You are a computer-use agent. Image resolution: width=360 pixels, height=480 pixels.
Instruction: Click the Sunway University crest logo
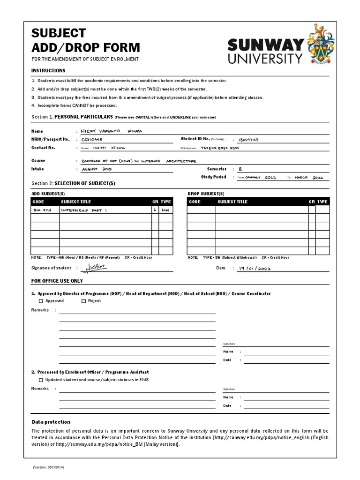click(x=320, y=45)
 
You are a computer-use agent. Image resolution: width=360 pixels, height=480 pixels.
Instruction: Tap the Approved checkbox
click(x=41, y=301)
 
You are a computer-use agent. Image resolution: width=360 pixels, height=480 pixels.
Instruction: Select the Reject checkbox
click(x=84, y=301)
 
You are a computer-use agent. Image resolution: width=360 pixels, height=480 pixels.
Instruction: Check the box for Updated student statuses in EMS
click(x=41, y=380)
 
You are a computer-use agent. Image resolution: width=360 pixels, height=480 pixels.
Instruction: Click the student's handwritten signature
click(x=96, y=267)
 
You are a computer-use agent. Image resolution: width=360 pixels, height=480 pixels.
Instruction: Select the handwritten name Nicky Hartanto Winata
click(x=110, y=131)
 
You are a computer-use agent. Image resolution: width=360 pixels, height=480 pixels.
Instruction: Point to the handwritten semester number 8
click(x=240, y=169)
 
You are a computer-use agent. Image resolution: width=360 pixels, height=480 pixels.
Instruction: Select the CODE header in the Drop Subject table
click(x=195, y=202)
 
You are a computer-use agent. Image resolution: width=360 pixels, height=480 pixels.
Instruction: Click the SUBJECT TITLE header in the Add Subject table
click(x=76, y=202)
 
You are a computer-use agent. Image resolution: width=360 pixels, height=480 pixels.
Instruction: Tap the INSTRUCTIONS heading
click(x=48, y=71)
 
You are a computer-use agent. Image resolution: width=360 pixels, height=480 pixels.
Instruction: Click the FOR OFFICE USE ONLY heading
click(x=57, y=281)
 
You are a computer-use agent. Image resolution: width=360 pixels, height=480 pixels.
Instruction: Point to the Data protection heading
click(x=51, y=422)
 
